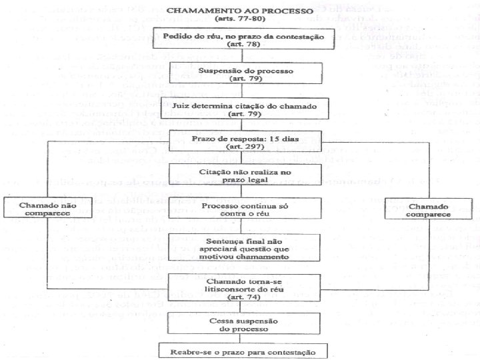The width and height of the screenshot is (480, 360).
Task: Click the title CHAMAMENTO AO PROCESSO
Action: pyautogui.click(x=239, y=11)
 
